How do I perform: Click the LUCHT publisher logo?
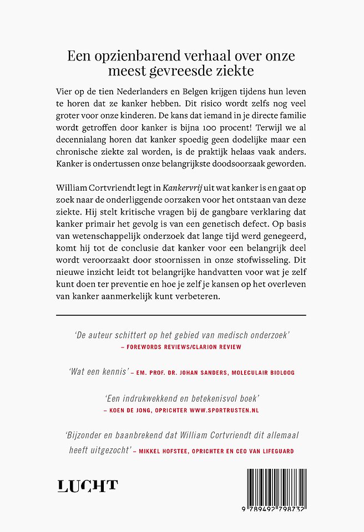88,486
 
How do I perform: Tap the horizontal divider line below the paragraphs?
181,315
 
